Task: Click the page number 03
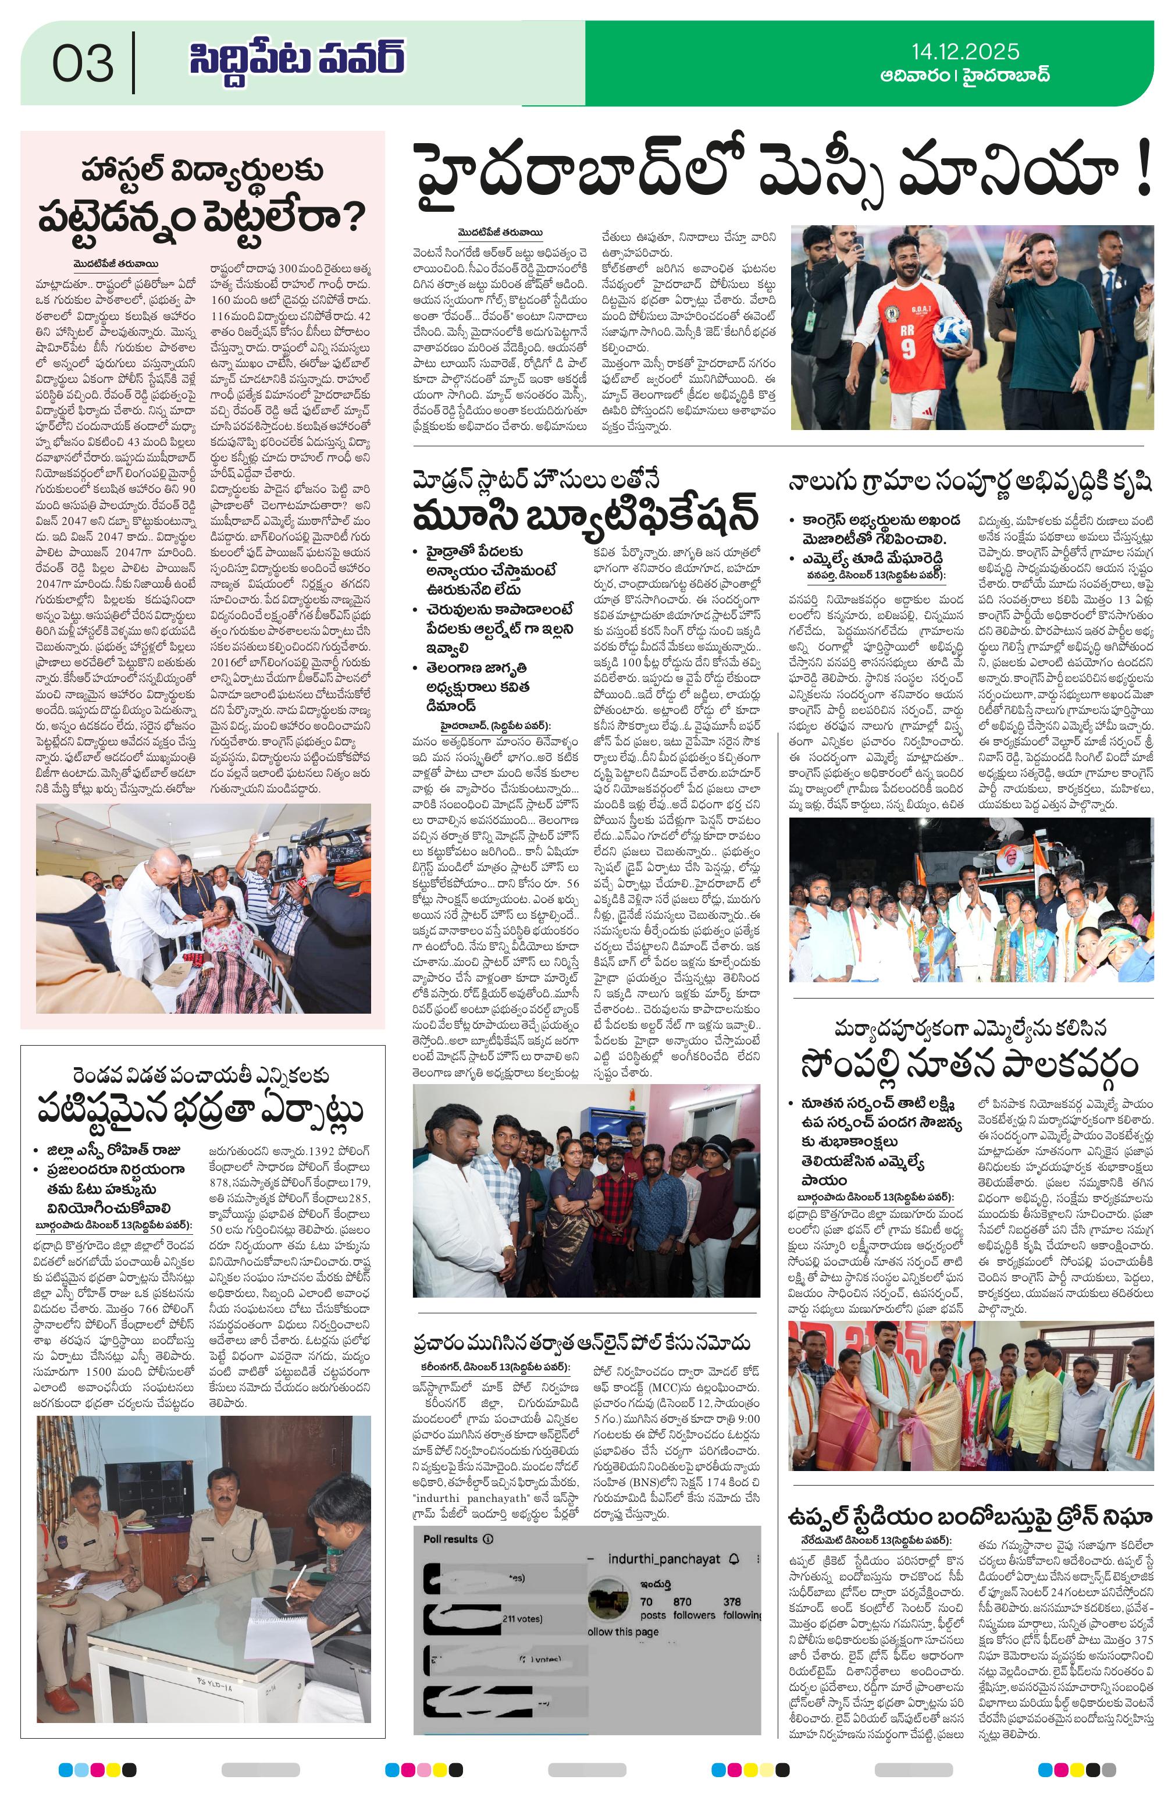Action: tap(83, 63)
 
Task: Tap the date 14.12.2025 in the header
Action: tap(964, 51)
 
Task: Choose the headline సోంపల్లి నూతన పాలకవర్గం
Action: tap(970, 1065)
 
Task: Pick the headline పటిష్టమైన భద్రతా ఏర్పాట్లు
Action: tap(201, 1110)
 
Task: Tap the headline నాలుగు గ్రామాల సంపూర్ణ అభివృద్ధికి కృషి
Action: tap(970, 482)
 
